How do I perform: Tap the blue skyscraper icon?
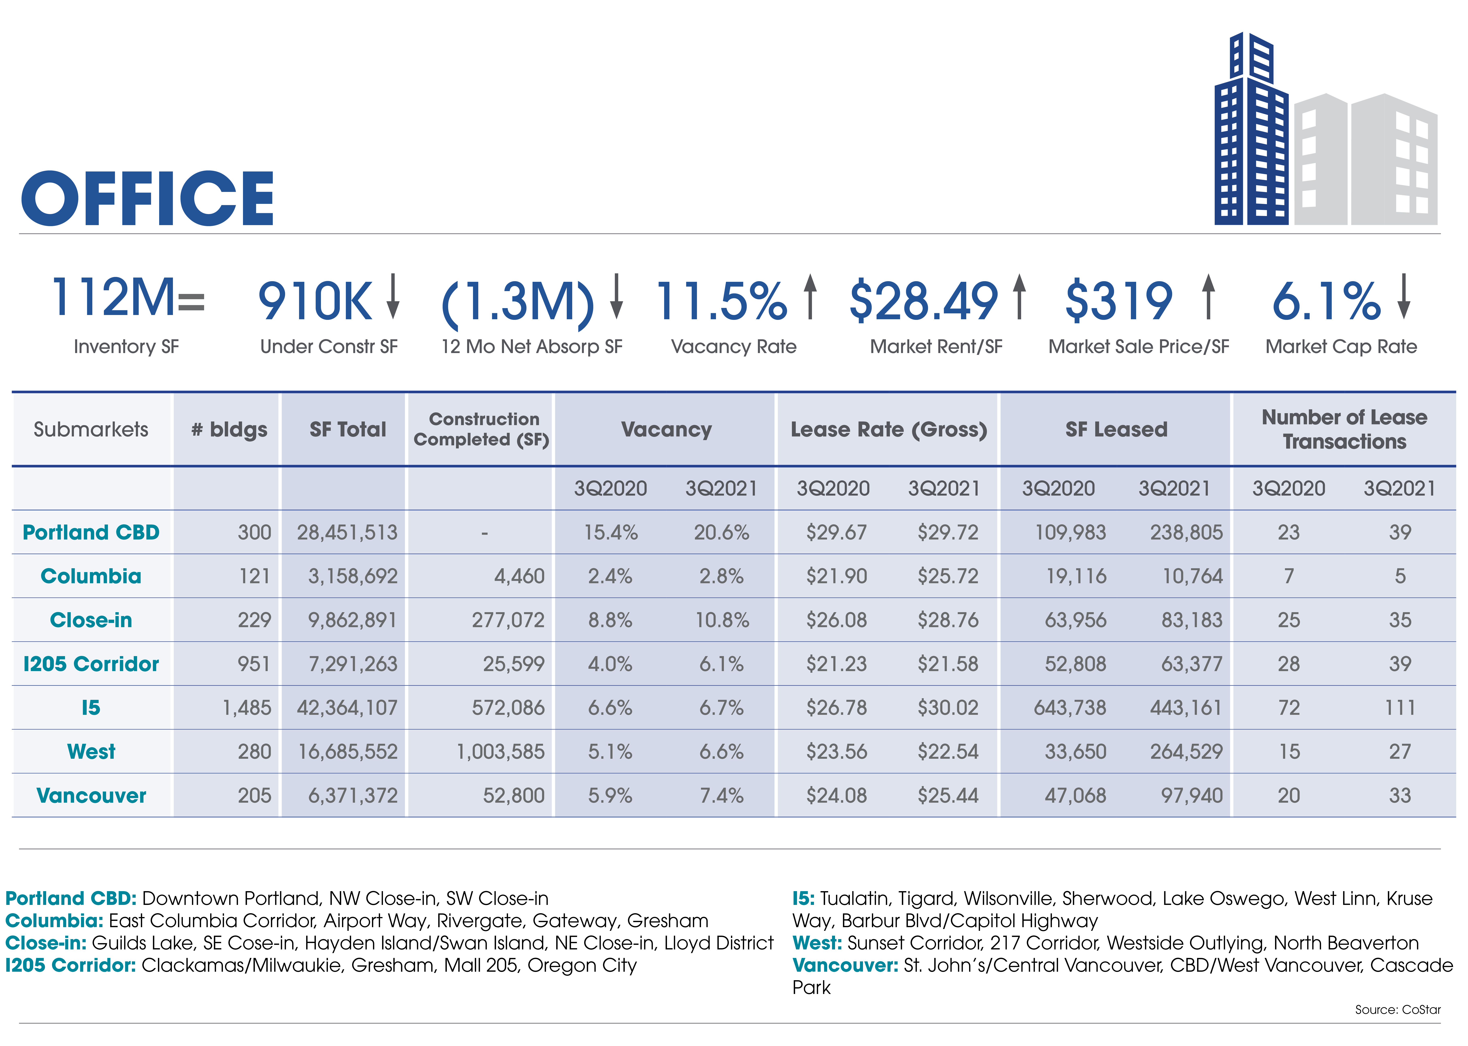(x=1251, y=129)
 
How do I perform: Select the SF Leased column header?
(x=1116, y=430)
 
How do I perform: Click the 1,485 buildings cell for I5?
(x=247, y=708)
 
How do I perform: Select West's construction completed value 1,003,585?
(x=501, y=752)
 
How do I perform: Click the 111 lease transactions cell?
(x=1400, y=708)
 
